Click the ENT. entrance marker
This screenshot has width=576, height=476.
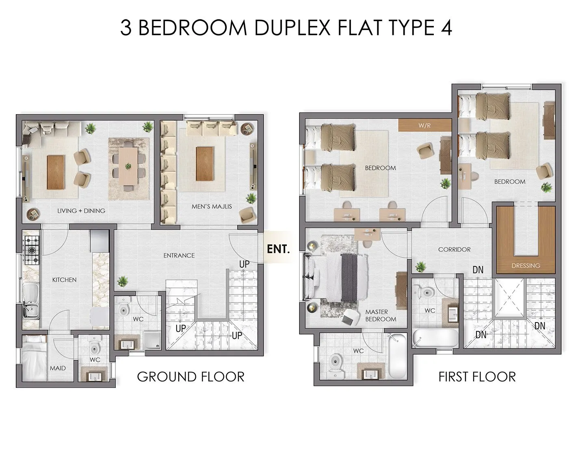click(x=278, y=249)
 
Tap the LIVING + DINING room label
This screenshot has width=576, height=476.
click(x=81, y=211)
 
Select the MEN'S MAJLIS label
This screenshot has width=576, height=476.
click(x=212, y=206)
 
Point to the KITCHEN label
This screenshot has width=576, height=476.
click(x=64, y=280)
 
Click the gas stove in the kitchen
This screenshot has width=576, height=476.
click(x=32, y=251)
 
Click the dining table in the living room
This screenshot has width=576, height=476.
click(x=128, y=166)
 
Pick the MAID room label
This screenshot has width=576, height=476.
click(x=58, y=368)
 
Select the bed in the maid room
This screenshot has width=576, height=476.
click(x=34, y=358)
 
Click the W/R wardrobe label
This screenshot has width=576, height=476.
click(x=424, y=126)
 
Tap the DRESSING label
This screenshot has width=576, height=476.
click(x=526, y=266)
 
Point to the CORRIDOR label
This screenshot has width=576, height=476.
click(x=455, y=250)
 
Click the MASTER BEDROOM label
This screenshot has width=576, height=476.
click(x=381, y=316)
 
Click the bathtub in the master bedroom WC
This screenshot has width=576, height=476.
click(x=397, y=356)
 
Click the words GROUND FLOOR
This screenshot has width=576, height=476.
click(x=191, y=377)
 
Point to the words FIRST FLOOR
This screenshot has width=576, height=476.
click(x=477, y=377)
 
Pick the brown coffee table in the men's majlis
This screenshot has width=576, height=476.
click(x=204, y=164)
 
